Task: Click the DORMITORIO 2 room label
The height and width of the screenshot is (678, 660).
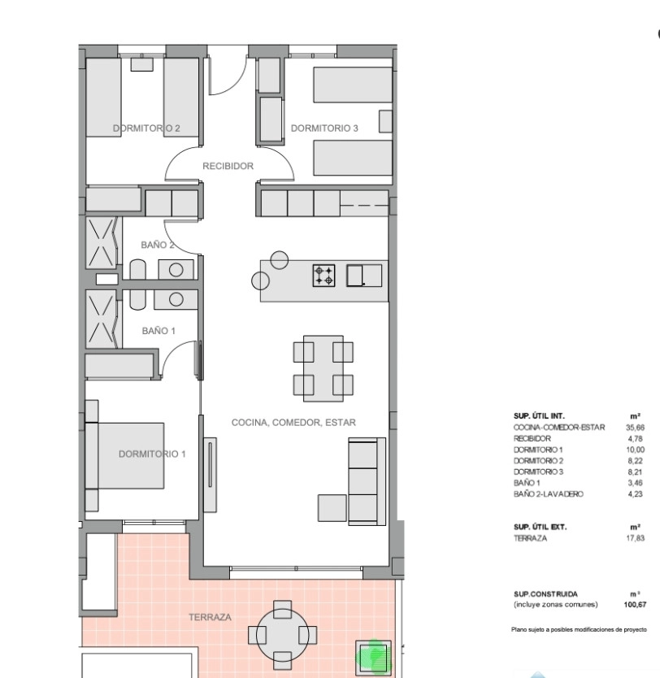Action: coord(146,128)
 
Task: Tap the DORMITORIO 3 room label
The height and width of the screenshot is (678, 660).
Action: coord(324,128)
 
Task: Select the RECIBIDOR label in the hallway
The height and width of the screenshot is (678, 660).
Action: coord(228,166)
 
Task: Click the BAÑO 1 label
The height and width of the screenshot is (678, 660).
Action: coord(158,331)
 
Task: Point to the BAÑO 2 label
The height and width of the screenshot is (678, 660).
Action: coord(158,246)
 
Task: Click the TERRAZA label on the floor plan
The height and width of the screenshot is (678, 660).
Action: coord(210,618)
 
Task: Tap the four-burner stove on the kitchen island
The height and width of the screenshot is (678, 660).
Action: coord(323,276)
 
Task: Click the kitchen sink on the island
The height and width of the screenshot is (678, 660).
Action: coord(364,276)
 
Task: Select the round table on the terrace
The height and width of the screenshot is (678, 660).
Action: coord(282,635)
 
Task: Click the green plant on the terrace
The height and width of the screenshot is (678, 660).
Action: coord(373,658)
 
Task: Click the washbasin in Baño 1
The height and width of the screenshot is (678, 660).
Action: coord(176,299)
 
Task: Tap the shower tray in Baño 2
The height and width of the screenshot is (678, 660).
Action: coord(102,243)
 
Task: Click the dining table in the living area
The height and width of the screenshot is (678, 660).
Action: coord(323,368)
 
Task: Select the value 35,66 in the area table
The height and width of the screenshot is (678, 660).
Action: coord(635,428)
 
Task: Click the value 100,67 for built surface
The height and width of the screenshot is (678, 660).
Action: coord(635,605)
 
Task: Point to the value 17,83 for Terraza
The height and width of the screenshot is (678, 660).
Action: coord(635,538)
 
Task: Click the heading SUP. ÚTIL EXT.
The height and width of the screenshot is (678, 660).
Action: coord(540,527)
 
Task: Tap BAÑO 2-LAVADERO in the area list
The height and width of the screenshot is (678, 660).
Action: coord(549,494)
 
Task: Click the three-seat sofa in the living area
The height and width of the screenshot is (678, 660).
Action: coord(367,482)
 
